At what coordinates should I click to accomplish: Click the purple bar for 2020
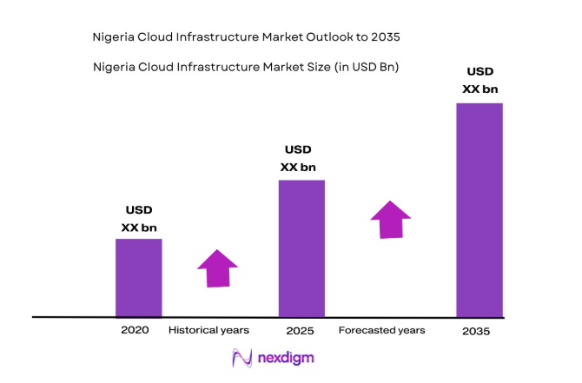tap(139, 278)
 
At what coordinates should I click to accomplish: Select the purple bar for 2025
tap(301, 248)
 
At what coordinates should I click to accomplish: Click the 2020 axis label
tap(136, 330)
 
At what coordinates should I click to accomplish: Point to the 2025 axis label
tap(299, 331)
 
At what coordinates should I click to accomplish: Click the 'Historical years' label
tap(208, 330)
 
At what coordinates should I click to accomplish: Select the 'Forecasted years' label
tap(381, 330)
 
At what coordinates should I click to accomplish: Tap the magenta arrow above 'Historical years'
tap(216, 268)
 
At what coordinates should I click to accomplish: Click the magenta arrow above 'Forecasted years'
tap(391, 219)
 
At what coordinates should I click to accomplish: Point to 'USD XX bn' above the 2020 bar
tap(139, 219)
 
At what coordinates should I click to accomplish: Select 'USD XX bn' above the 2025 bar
tap(298, 159)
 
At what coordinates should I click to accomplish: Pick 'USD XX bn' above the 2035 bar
tap(480, 80)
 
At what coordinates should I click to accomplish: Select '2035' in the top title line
tap(387, 38)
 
